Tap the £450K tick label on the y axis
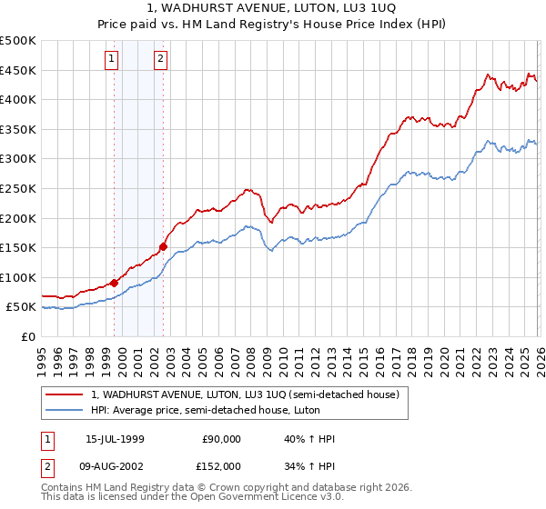click(18, 70)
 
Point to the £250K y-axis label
click(18, 188)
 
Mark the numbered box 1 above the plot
click(111, 60)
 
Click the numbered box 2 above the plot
click(160, 60)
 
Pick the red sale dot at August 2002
click(164, 245)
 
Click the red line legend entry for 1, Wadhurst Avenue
click(246, 394)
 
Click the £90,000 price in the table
click(221, 439)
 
